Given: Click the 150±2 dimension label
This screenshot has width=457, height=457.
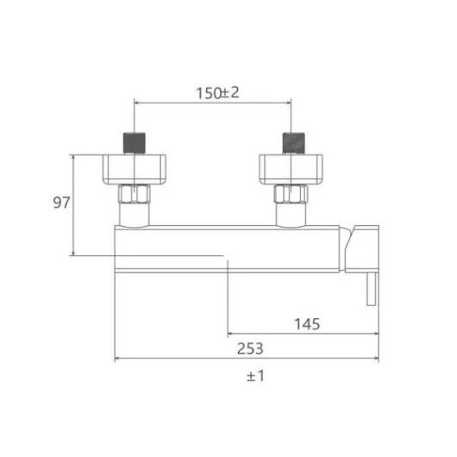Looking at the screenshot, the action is tap(217, 93).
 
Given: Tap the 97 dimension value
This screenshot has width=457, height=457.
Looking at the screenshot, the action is tap(61, 203).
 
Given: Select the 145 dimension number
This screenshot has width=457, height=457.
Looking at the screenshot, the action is tap(307, 324).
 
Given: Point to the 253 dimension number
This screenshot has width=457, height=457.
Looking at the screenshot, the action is tap(250, 348).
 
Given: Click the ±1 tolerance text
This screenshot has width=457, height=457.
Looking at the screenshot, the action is tap(255, 376).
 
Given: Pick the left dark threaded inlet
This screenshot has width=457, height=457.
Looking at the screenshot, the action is tap(135, 143).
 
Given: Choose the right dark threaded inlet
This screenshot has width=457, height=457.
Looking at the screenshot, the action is tap(294, 143).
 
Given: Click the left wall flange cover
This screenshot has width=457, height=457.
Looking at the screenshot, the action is tap(135, 169).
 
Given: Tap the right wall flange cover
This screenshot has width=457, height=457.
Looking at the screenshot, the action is tap(291, 169).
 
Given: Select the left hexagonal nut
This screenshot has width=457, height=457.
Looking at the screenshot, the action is tap(134, 194).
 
